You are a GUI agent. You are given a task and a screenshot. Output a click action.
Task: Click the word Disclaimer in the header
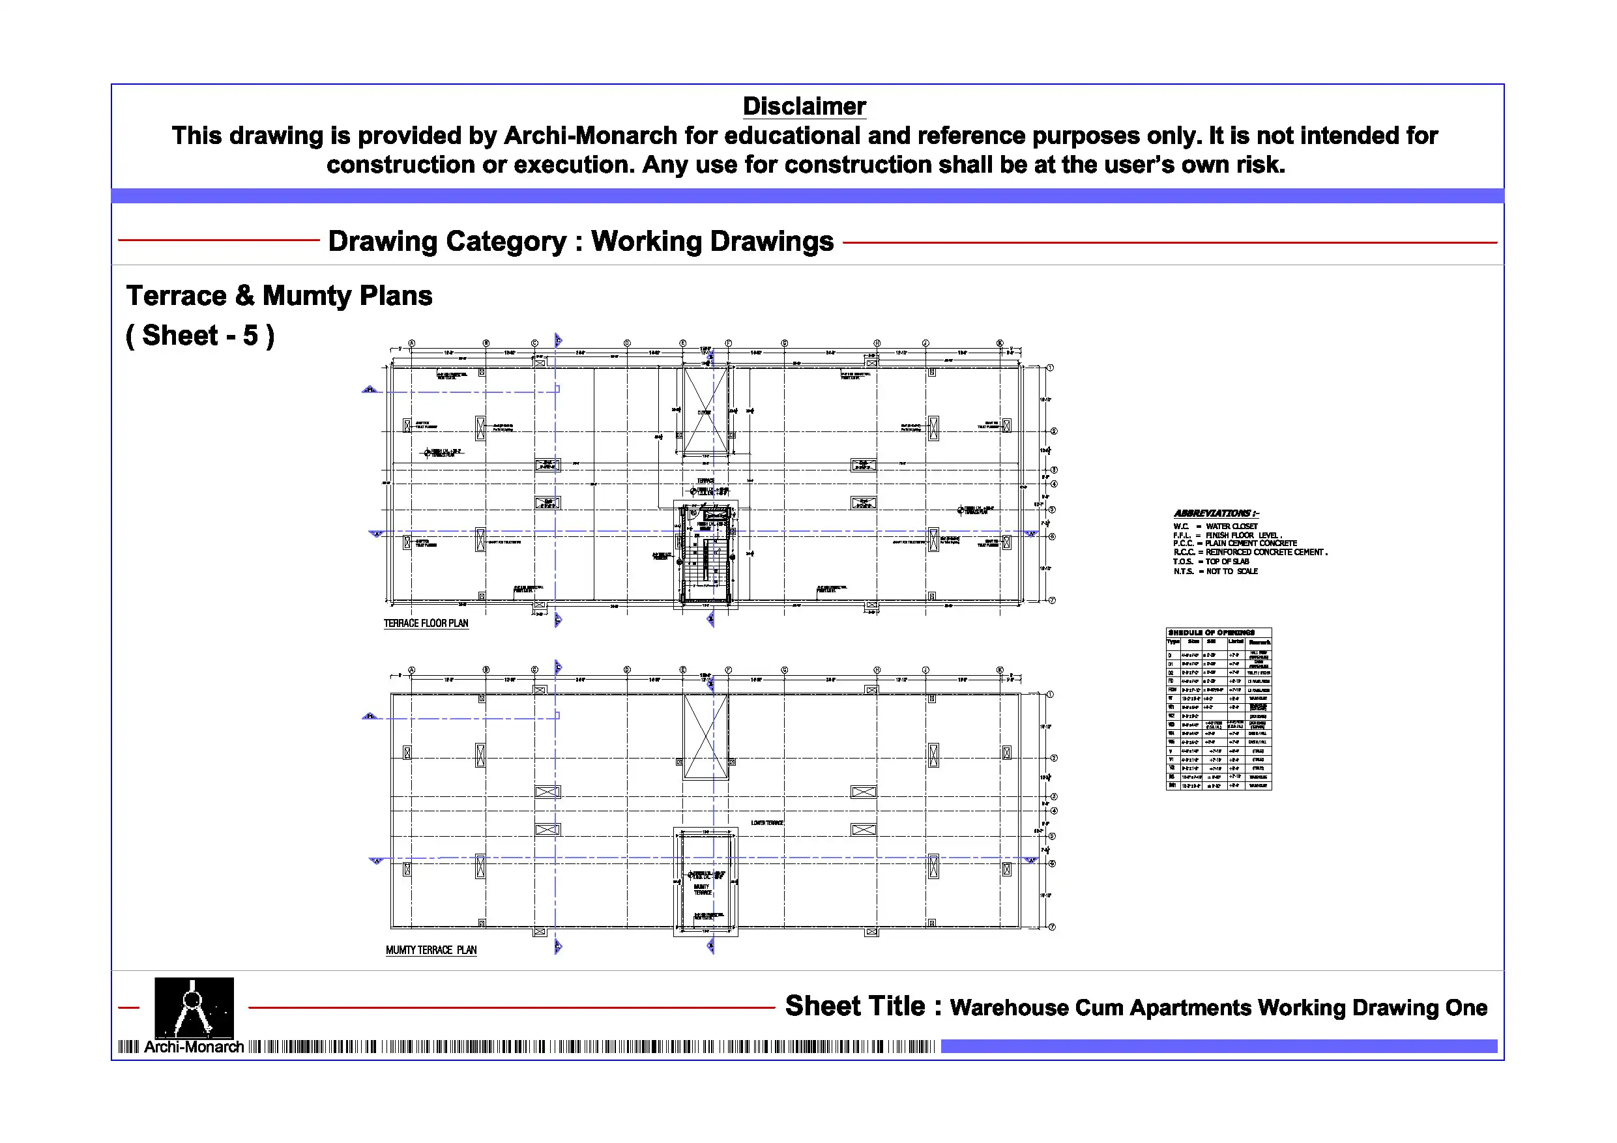(x=804, y=106)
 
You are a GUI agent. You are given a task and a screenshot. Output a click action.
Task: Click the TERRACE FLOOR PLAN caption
(x=426, y=623)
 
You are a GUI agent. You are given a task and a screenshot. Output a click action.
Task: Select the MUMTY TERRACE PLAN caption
(x=431, y=950)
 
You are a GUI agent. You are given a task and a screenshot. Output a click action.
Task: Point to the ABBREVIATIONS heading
(x=1216, y=514)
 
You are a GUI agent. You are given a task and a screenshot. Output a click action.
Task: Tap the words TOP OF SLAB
(x=1227, y=562)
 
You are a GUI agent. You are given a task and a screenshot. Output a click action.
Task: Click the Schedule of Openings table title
(x=1212, y=632)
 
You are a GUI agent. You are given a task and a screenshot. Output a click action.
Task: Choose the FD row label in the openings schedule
(x=1171, y=681)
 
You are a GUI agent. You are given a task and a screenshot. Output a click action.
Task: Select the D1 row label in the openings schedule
(x=1171, y=663)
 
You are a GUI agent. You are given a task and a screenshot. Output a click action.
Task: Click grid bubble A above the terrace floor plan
(x=412, y=343)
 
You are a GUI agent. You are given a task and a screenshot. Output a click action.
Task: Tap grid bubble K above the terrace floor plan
(x=999, y=343)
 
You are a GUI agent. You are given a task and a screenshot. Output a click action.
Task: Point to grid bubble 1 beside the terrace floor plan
(x=1050, y=368)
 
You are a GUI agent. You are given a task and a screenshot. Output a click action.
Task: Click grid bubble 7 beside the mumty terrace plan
(x=1052, y=927)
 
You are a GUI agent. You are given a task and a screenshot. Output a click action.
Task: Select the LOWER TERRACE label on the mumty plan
(x=767, y=822)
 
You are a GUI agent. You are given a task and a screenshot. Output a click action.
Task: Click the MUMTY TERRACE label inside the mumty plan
(x=702, y=890)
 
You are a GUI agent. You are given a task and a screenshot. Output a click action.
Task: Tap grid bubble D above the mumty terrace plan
(x=627, y=670)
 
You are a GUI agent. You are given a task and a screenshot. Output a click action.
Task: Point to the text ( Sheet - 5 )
(x=200, y=336)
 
